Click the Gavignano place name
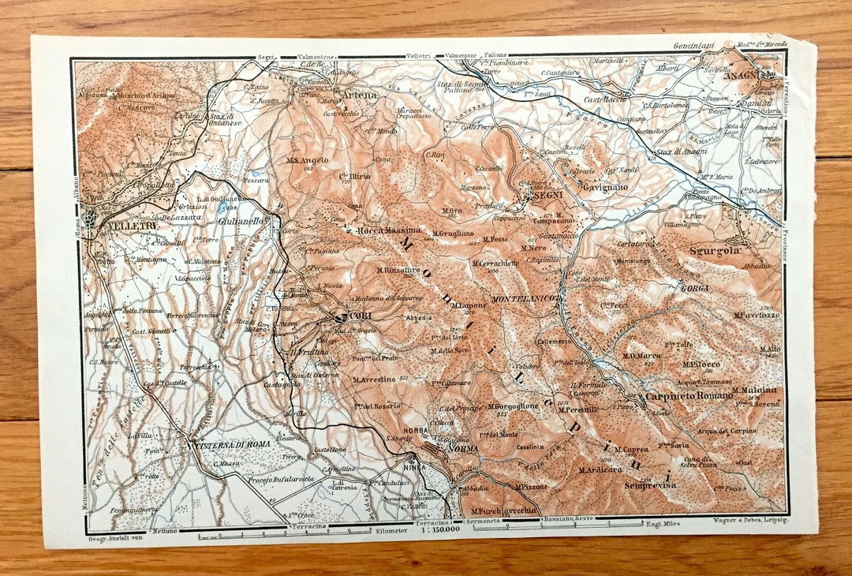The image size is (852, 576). (x=609, y=187)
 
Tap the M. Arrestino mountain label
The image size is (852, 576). (x=375, y=380)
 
